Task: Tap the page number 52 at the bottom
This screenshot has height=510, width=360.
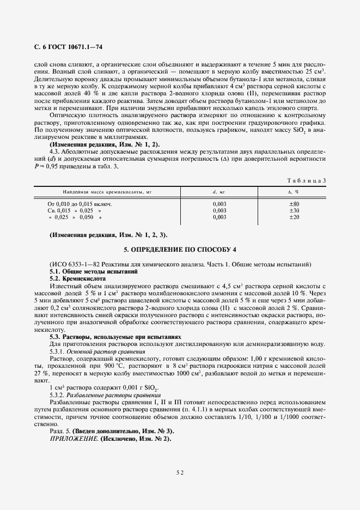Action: click(180, 473)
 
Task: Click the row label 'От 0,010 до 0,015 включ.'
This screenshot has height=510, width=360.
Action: click(81, 204)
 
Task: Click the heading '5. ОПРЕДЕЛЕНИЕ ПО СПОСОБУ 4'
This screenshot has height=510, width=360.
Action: click(180, 251)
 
